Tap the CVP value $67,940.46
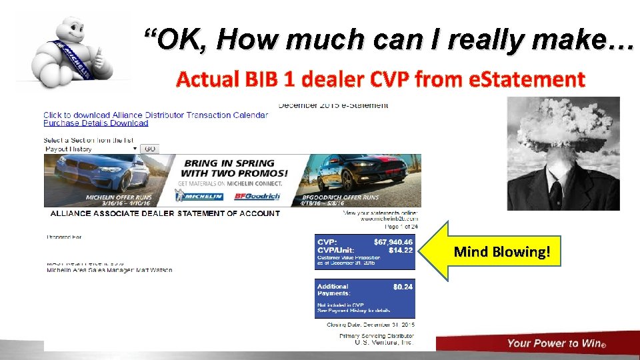click(x=393, y=242)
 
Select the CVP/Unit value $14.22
click(x=401, y=251)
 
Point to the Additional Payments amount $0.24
click(x=403, y=287)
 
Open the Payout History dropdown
click(x=91, y=149)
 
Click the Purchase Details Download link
click(x=95, y=123)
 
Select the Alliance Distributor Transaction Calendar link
click(x=155, y=115)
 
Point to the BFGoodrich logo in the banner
click(x=257, y=197)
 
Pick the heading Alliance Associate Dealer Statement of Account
click(x=165, y=213)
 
